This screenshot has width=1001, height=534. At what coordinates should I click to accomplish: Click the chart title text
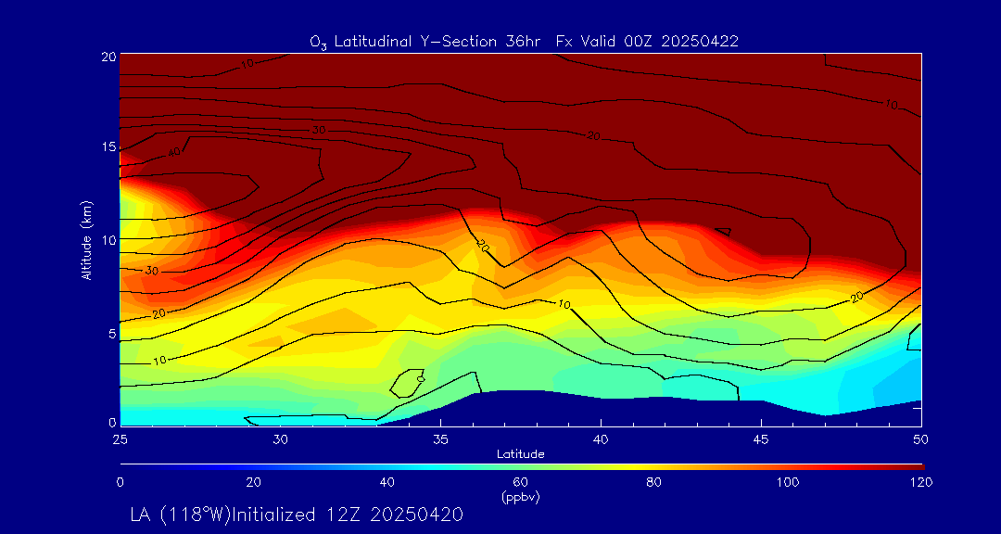524,41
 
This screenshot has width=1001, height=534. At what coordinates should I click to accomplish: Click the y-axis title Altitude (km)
86,239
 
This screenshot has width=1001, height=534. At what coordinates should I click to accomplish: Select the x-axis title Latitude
521,454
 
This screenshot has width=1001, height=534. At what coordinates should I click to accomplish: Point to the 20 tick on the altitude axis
108,57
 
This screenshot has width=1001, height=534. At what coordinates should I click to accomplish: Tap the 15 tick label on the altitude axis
108,147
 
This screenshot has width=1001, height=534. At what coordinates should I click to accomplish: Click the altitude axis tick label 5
111,332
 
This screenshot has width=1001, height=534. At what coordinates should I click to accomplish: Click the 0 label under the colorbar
120,482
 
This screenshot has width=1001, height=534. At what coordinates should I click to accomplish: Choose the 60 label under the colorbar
521,482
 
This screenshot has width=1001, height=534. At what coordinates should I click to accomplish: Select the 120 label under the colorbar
921,482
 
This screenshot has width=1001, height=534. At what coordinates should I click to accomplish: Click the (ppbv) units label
521,497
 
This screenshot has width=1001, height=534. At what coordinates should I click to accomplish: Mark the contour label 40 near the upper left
173,151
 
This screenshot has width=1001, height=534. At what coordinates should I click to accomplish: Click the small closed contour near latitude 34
407,382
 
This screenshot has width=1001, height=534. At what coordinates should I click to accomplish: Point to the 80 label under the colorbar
654,482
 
